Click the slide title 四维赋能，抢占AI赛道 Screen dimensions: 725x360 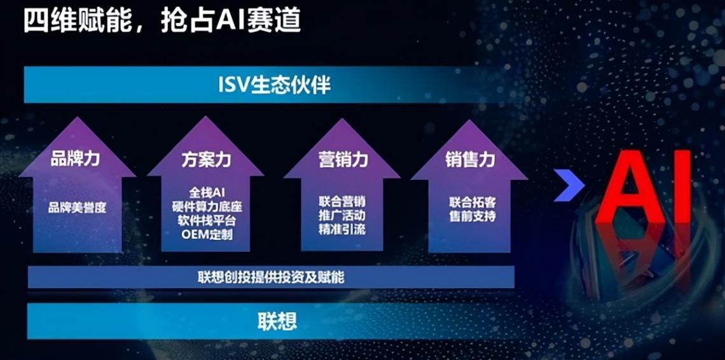coord(162,21)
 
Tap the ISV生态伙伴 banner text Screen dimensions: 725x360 coord(275,85)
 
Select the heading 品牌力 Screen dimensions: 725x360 coord(76,159)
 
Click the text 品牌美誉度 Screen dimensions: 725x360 coord(77,207)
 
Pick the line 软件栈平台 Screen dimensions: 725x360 coord(207,220)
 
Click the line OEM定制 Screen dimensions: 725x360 coord(207,233)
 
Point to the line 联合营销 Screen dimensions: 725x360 coord(342,202)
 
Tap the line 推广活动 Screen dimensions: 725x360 coord(342,216)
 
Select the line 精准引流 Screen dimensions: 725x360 coord(342,230)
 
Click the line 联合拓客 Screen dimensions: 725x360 coord(473,202)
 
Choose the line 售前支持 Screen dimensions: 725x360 coord(473,216)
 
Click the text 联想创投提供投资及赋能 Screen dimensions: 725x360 coord(271,277)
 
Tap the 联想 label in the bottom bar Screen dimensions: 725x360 coord(277,320)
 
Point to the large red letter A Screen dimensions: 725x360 coord(630,187)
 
